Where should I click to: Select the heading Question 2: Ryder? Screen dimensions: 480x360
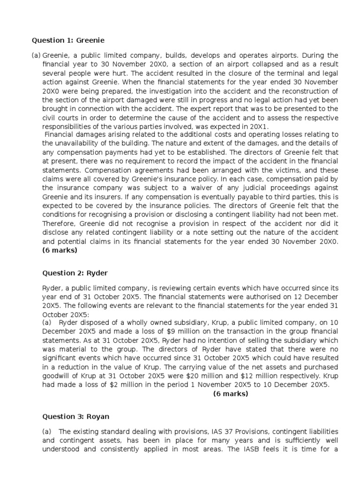(x=68, y=273)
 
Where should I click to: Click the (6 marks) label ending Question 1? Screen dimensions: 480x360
(x=60, y=250)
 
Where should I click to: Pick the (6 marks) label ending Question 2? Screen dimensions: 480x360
(x=231, y=394)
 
